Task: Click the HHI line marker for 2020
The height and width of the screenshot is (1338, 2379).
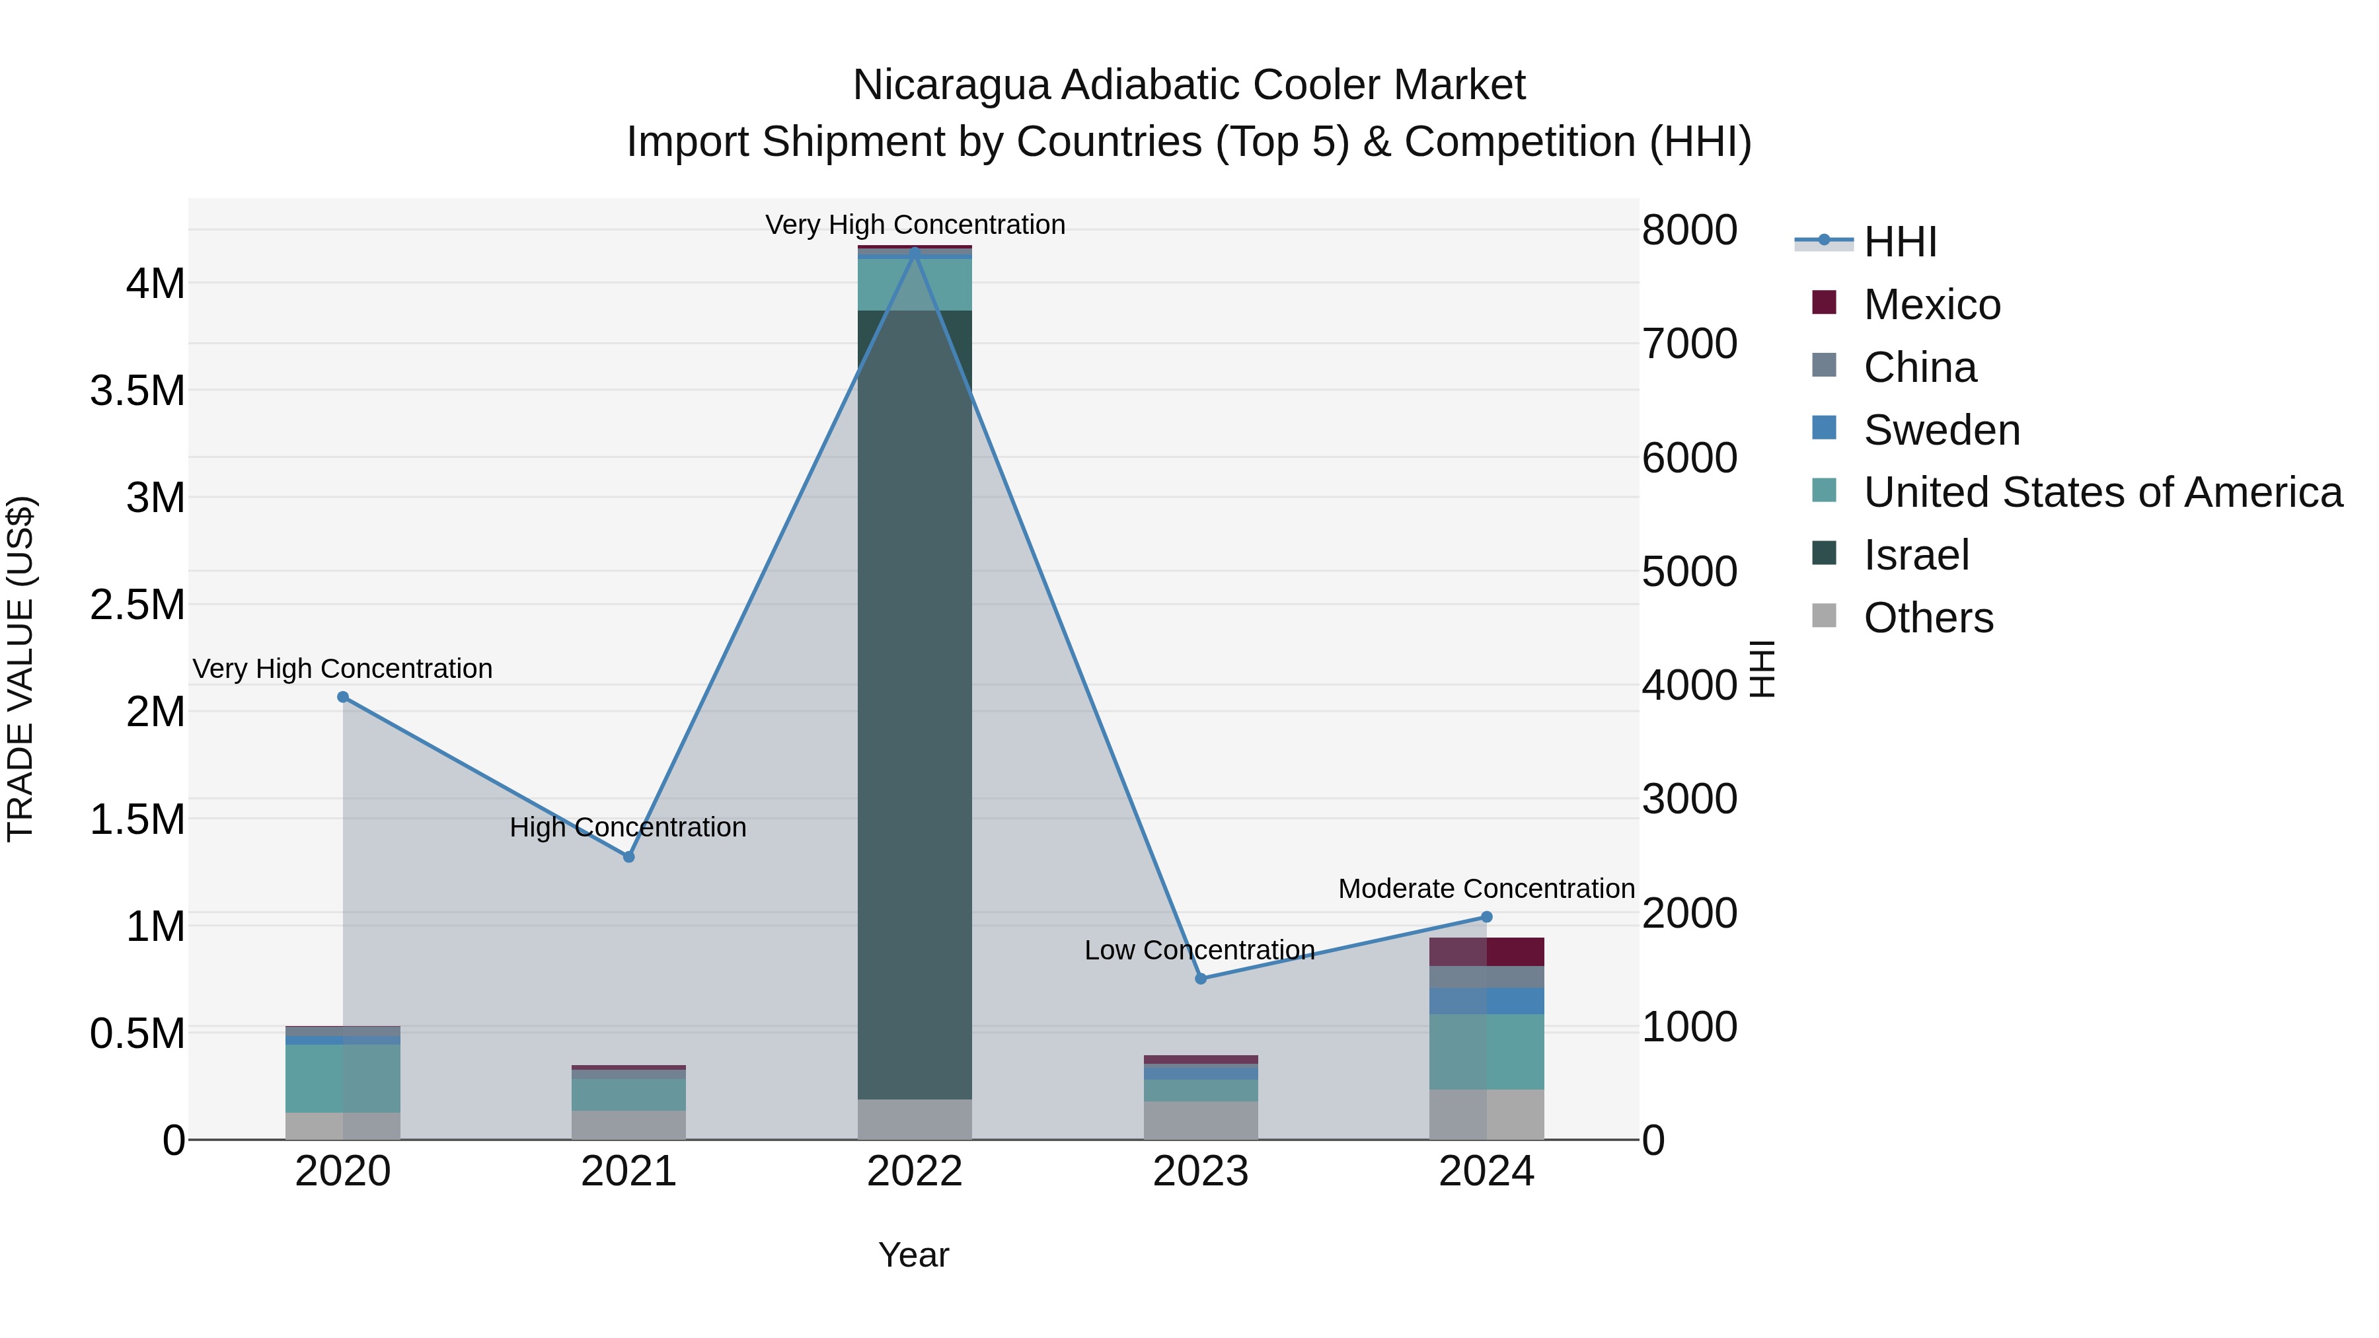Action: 342,697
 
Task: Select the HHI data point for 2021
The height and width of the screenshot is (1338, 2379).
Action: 629,857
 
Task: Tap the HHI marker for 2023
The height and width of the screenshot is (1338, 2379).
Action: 1201,979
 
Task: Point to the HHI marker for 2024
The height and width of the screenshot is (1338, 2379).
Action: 1487,917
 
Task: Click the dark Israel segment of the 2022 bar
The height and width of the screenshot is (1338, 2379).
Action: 915,702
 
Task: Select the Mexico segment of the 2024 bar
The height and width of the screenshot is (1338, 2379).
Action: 1487,952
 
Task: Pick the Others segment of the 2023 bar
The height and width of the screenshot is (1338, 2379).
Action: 1201,1120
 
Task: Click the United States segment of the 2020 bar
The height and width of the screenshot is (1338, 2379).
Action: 342,1078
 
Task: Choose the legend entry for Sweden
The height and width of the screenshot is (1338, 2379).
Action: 1942,430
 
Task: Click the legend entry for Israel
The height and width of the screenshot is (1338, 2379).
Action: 1916,555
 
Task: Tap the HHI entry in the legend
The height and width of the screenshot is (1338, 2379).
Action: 1900,242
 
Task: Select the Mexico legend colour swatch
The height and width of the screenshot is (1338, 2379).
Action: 1824,303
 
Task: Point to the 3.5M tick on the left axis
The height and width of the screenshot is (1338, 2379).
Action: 137,390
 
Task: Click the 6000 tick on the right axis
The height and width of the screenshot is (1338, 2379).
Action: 1689,457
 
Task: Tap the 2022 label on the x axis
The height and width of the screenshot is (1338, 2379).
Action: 915,1171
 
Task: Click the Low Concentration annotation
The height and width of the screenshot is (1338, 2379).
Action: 1199,949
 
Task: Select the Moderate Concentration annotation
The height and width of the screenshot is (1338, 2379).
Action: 1486,888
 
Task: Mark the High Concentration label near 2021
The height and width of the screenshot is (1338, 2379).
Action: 628,827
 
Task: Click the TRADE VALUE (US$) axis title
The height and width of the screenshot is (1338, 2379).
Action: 20,669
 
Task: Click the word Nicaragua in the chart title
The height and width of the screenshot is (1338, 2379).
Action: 950,85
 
